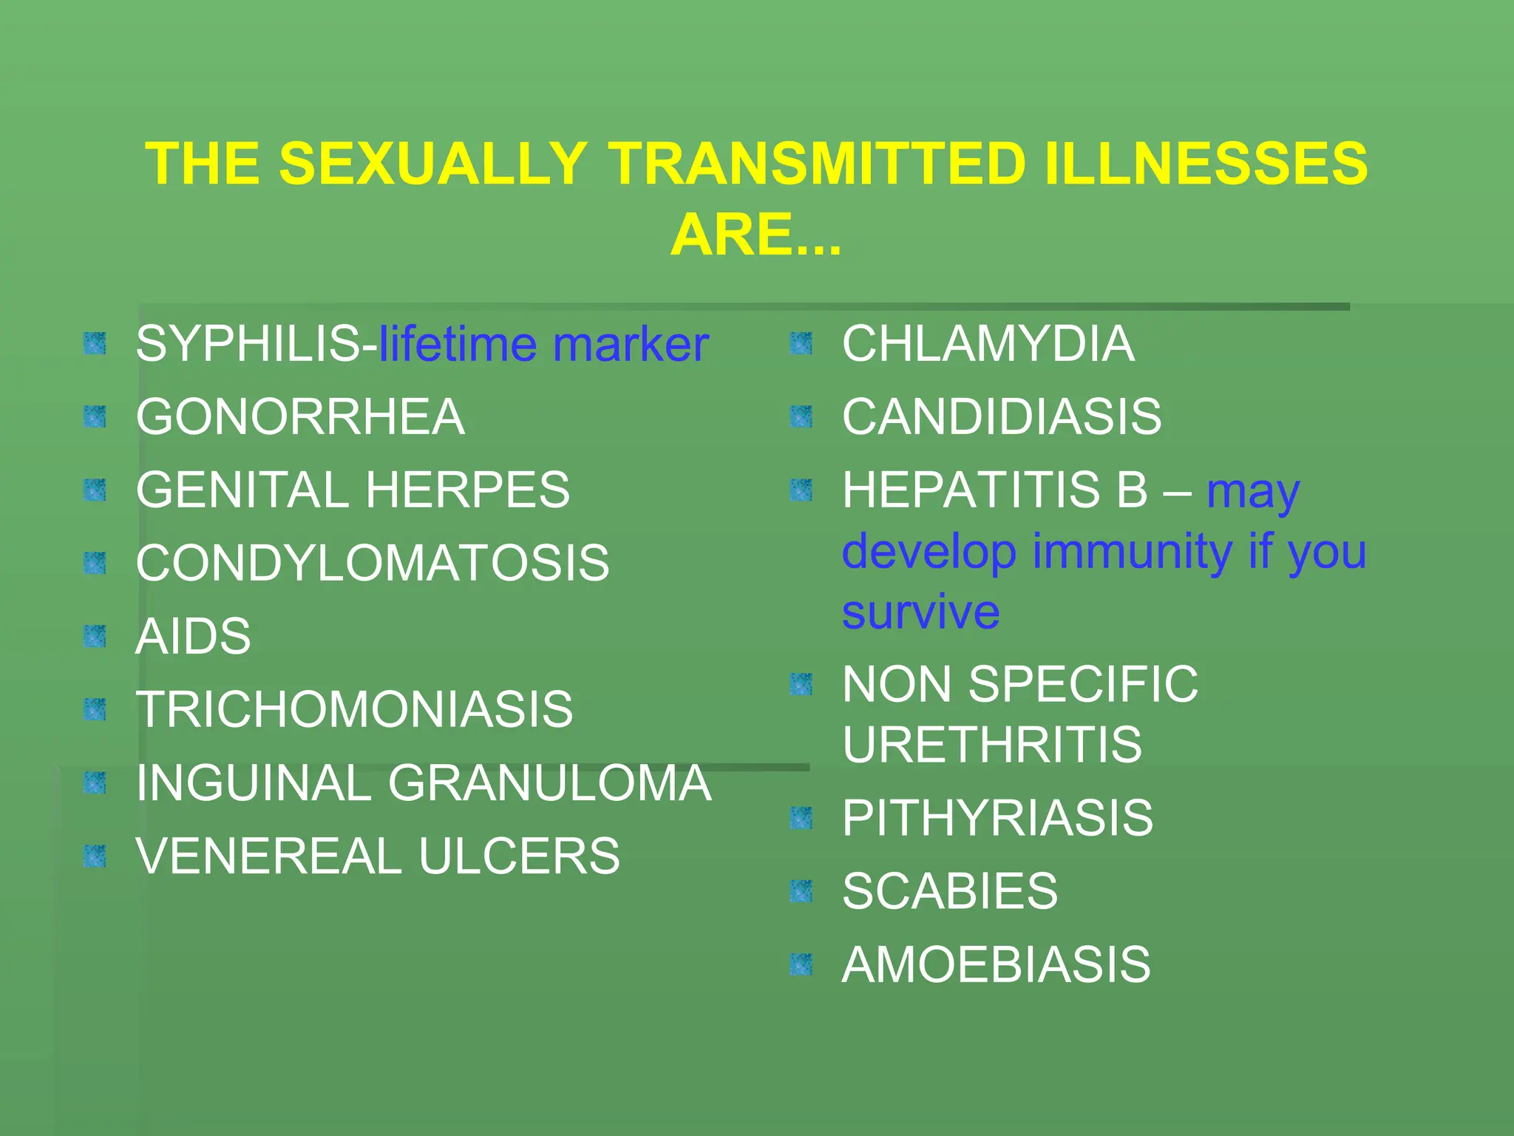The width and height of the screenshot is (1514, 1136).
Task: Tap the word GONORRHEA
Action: click(300, 417)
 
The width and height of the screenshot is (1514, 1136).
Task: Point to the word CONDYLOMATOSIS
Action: click(373, 563)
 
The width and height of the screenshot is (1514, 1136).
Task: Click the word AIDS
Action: click(193, 636)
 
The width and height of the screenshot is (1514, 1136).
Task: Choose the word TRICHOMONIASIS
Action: click(354, 709)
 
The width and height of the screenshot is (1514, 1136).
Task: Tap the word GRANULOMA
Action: click(550, 782)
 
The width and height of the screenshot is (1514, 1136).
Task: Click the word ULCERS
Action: click(519, 856)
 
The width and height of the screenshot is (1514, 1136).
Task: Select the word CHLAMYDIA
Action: click(988, 344)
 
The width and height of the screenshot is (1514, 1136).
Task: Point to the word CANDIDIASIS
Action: click(1002, 416)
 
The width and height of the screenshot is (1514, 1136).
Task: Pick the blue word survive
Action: click(920, 612)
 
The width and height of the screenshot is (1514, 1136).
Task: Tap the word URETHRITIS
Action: click(992, 744)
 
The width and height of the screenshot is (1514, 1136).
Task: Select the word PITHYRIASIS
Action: click(997, 817)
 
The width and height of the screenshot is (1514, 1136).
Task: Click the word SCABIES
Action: click(950, 890)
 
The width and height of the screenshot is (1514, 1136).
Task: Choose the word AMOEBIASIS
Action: click(996, 964)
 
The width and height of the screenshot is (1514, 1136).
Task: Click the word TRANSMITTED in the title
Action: click(818, 163)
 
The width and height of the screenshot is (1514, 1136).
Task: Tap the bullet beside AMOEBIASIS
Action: click(801, 964)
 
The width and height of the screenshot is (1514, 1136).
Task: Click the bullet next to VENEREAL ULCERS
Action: click(95, 856)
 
